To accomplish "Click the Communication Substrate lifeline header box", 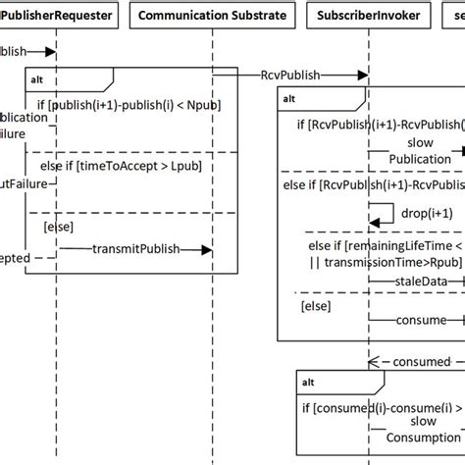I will click(x=212, y=16).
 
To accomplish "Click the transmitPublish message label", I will click(x=136, y=249).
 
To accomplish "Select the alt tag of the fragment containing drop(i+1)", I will click(x=291, y=98).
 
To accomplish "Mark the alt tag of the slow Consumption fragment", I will click(x=308, y=382).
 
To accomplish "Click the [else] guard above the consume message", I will click(x=315, y=307).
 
